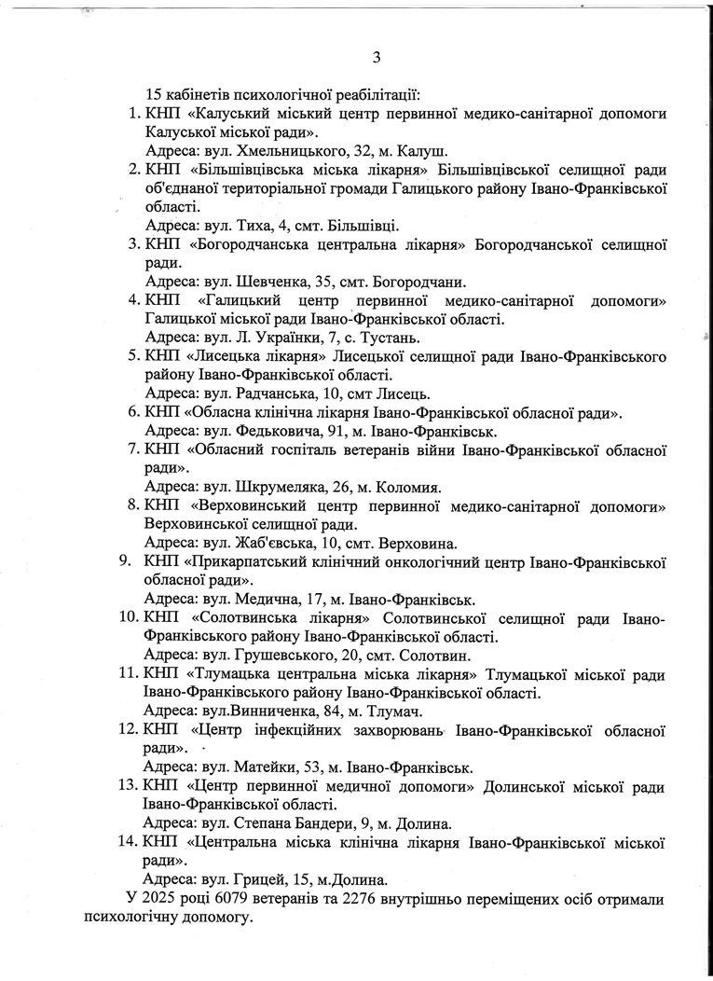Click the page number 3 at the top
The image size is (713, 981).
tap(377, 58)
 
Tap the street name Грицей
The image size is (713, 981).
tap(259, 878)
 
